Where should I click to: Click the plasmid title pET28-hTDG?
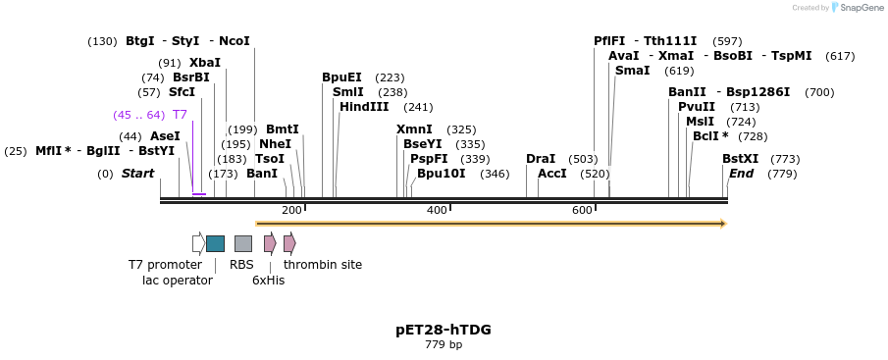coord(444,330)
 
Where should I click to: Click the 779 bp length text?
coord(444,345)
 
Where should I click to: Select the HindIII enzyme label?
coord(364,107)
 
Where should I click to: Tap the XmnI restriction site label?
coord(413,129)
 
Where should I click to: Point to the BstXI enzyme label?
coord(740,159)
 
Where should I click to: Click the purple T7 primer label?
coord(180,115)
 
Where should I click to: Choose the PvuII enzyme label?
coord(697,107)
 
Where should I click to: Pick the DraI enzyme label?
coord(541,159)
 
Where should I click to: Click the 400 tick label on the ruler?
coord(437,211)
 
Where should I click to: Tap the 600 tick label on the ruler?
coord(582,211)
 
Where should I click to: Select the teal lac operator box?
coord(215,243)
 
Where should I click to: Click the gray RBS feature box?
coord(242,243)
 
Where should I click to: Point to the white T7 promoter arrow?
coord(198,243)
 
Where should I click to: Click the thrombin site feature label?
coord(323,265)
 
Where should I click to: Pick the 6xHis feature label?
coord(268,281)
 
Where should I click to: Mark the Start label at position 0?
coord(138,174)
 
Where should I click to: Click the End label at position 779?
coord(741,174)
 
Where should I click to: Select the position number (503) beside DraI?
coord(583,159)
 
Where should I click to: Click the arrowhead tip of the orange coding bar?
coord(724,224)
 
